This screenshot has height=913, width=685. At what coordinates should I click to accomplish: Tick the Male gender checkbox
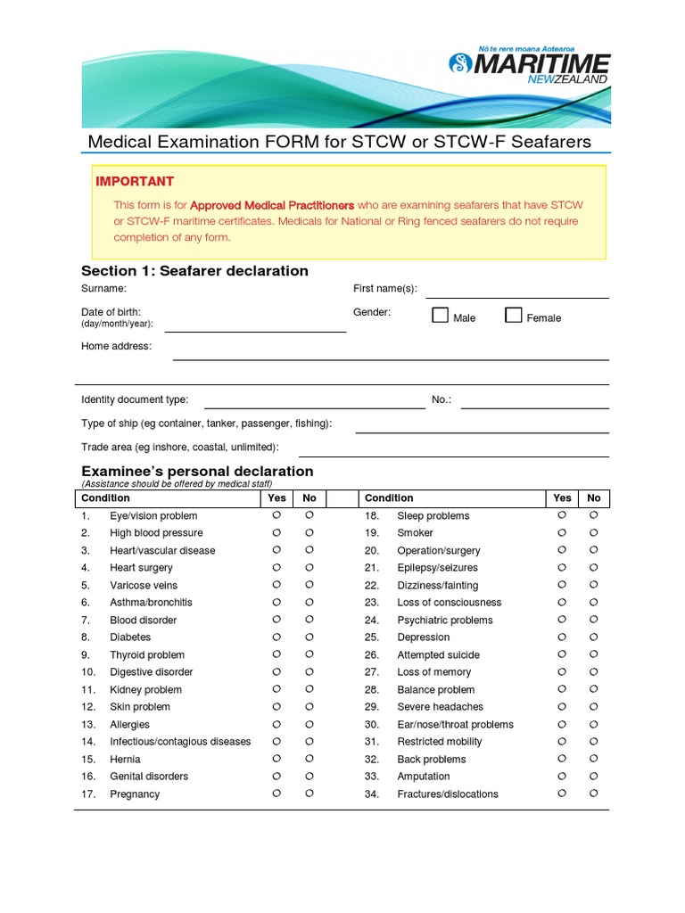pyautogui.click(x=441, y=315)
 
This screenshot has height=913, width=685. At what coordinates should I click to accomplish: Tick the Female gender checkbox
pyautogui.click(x=514, y=315)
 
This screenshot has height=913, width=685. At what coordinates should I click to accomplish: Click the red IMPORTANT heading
pyautogui.click(x=135, y=181)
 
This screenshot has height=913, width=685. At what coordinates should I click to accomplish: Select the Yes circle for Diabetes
pyautogui.click(x=276, y=637)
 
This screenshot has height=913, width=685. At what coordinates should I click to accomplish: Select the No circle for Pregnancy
pyautogui.click(x=309, y=793)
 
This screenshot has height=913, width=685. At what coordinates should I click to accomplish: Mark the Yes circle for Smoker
pyautogui.click(x=562, y=532)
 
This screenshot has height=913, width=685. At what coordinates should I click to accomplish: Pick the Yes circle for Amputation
pyautogui.click(x=562, y=776)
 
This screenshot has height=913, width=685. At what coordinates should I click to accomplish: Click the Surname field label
pyautogui.click(x=103, y=289)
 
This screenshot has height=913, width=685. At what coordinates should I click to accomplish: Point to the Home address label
pyautogui.click(x=116, y=346)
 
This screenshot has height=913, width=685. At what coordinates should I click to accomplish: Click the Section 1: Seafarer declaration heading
pyautogui.click(x=194, y=271)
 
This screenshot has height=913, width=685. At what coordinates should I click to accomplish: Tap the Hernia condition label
pyautogui.click(x=125, y=759)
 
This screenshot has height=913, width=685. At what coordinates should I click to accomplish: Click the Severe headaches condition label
pyautogui.click(x=440, y=707)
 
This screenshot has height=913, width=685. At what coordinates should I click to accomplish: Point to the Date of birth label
pyautogui.click(x=111, y=312)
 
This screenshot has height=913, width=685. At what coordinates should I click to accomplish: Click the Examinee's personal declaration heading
pyautogui.click(x=197, y=471)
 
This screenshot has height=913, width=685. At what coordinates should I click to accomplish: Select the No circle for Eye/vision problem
pyautogui.click(x=309, y=515)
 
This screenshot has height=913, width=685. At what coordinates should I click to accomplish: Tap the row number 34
pyautogui.click(x=372, y=794)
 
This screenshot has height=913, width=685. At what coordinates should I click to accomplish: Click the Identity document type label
pyautogui.click(x=135, y=400)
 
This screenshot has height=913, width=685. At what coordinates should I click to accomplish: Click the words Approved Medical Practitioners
pyautogui.click(x=272, y=205)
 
